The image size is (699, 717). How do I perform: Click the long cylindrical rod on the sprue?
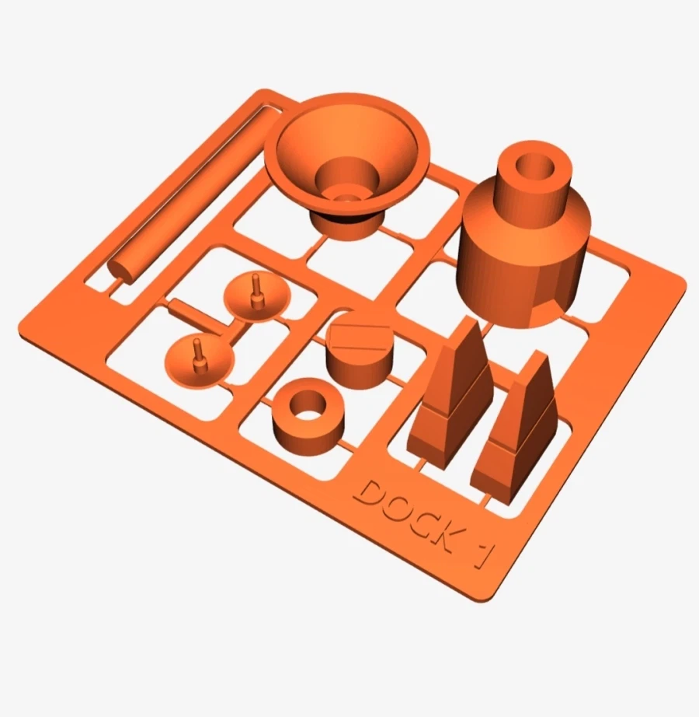point(194,194)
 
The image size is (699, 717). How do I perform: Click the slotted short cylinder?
point(360,350)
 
